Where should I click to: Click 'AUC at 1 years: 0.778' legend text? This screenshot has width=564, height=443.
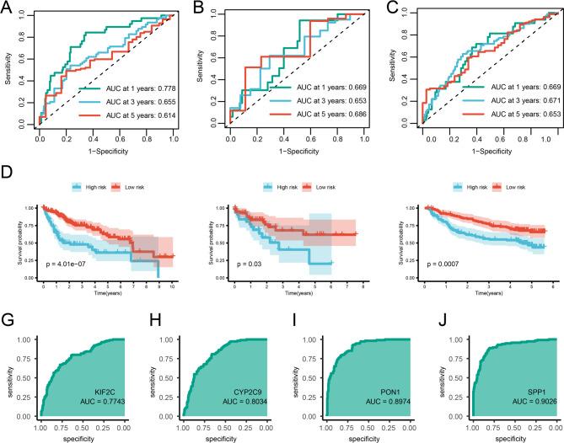point(127,86)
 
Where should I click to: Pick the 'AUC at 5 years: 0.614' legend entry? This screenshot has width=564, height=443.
point(127,114)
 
